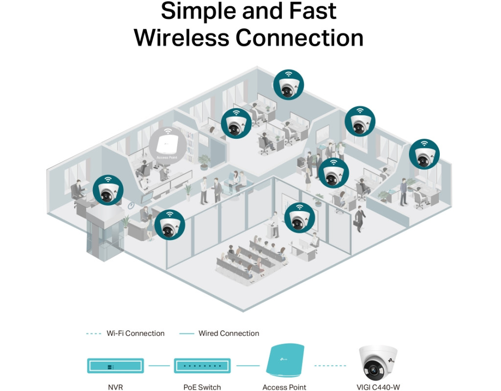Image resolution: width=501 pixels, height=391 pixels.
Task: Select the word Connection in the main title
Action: tap(300, 38)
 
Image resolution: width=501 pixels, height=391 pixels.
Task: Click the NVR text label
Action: tap(115, 387)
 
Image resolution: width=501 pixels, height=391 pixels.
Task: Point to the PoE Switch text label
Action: tap(202, 387)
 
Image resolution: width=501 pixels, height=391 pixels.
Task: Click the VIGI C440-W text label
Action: tap(379, 387)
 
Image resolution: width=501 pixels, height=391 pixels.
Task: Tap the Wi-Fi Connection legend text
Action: tap(136, 333)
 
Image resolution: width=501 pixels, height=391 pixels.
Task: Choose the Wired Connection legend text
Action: tap(228, 333)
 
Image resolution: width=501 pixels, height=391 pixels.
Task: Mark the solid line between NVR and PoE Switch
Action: tap(159, 365)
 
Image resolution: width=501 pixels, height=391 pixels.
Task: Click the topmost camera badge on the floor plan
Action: tap(289, 84)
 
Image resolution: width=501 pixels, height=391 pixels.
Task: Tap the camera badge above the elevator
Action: tap(108, 190)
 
